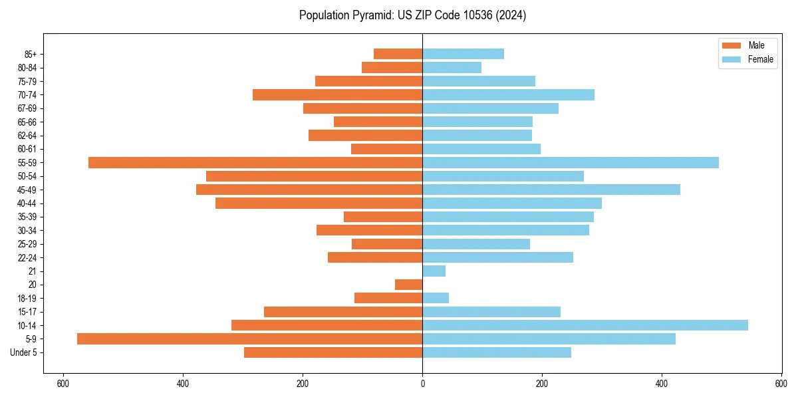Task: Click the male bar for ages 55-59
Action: click(x=255, y=162)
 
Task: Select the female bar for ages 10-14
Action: click(x=585, y=325)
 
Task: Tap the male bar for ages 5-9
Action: click(x=249, y=338)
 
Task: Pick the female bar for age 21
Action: click(x=434, y=271)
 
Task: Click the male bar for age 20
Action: click(x=409, y=285)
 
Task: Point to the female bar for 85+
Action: click(x=463, y=54)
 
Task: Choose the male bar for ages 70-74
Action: click(x=337, y=94)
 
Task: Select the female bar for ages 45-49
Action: click(x=551, y=190)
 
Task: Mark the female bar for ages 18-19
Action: click(x=436, y=298)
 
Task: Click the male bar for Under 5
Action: click(x=333, y=352)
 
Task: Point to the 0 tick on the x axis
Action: click(x=422, y=384)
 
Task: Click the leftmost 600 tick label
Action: click(x=63, y=384)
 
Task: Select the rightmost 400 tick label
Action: click(x=662, y=384)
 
